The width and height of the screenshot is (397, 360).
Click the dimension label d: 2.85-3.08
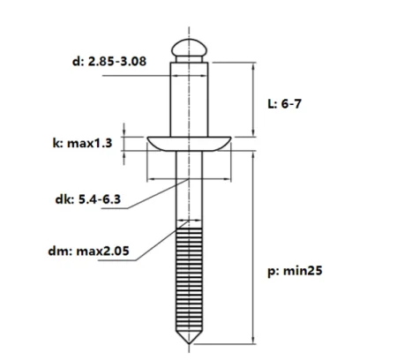tap(109, 62)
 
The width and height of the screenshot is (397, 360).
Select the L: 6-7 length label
tap(284, 104)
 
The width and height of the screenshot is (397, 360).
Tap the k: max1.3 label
tap(82, 143)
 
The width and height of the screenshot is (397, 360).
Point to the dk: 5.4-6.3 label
tap(87, 199)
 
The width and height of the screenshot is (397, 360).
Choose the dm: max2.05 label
tap(88, 251)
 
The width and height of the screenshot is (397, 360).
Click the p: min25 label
tap(295, 271)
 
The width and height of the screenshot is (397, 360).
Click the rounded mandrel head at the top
tap(189, 48)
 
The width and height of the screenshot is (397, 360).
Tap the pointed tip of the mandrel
tap(189, 343)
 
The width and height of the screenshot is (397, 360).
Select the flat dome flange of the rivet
tap(189, 144)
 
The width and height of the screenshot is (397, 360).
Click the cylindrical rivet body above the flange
tap(189, 100)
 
